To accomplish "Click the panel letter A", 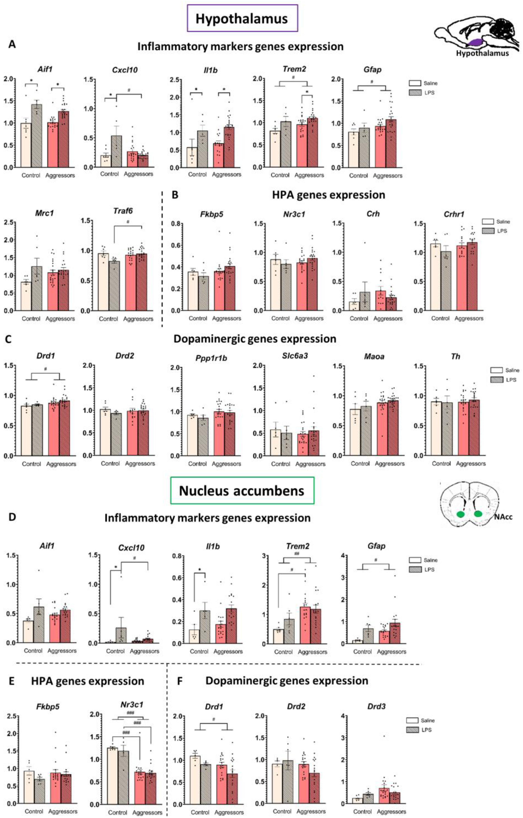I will (x=12, y=44).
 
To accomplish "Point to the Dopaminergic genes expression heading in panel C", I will (x=255, y=339).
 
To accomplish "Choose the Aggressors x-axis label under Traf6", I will (x=138, y=319).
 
